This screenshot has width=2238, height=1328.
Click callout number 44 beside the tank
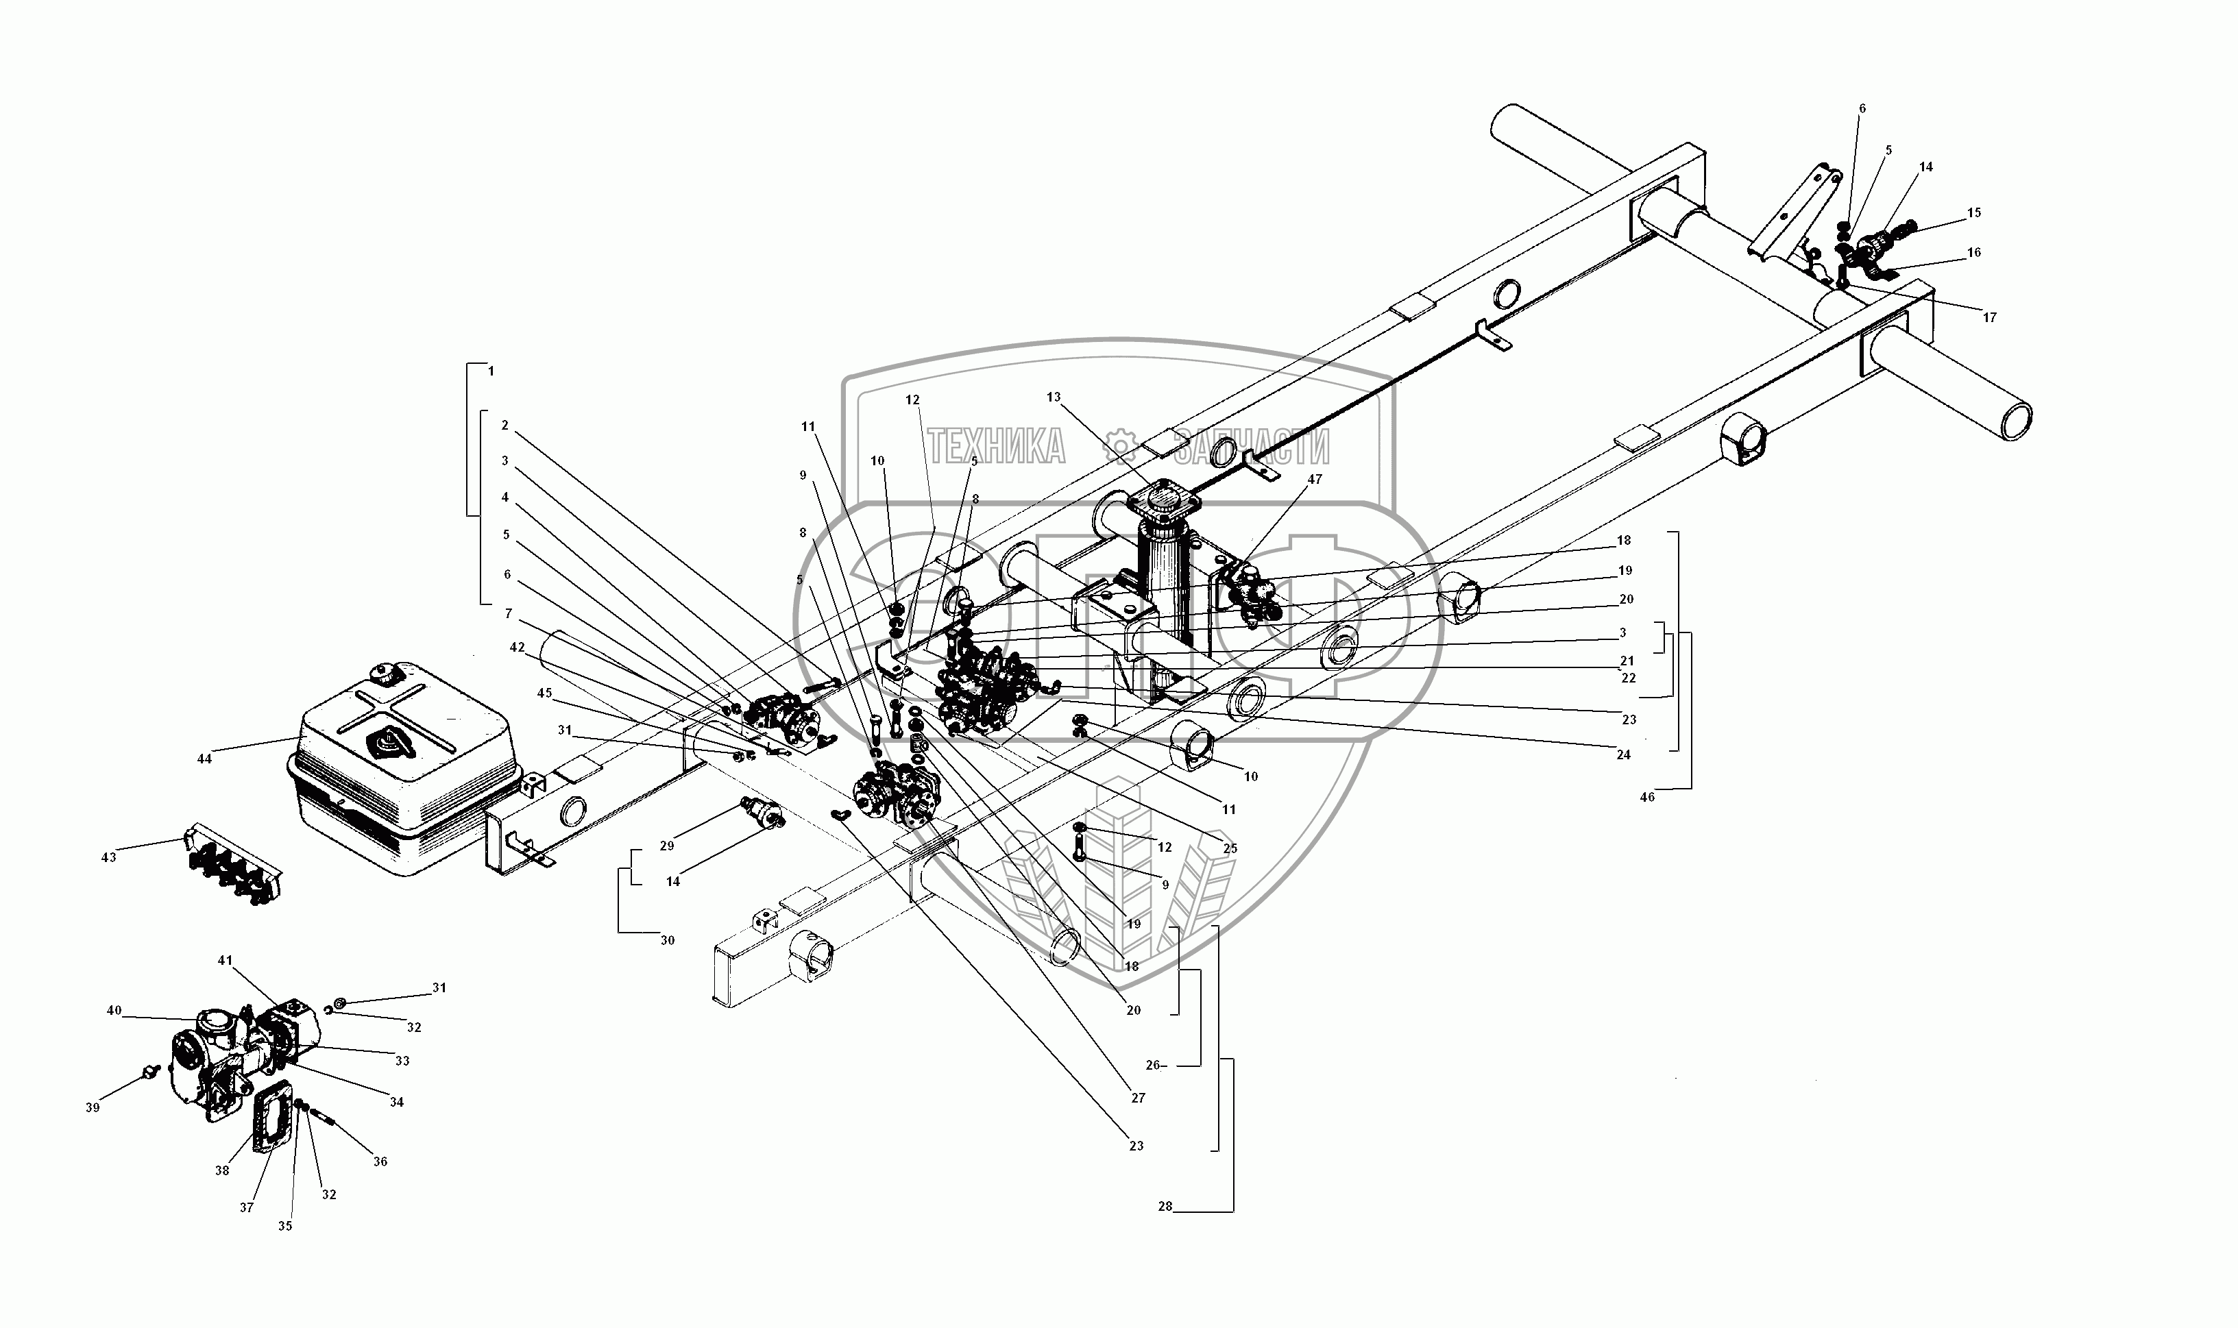[x=204, y=759]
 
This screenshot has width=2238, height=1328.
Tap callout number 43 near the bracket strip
[x=108, y=857]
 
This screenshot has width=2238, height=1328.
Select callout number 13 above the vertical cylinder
[x=1053, y=397]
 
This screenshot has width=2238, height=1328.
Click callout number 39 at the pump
[x=93, y=1108]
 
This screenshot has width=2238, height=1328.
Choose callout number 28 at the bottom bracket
[x=1165, y=1206]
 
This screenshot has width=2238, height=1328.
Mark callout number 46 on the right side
[x=1647, y=796]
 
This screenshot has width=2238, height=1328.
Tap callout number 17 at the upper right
[x=1989, y=318]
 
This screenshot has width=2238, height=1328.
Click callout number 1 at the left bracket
[x=491, y=371]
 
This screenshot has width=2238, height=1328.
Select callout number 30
[x=668, y=941]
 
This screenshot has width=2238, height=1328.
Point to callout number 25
[x=1230, y=848]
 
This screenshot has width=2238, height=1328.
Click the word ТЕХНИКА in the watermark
[x=995, y=445]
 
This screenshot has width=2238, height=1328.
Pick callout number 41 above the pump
[x=225, y=960]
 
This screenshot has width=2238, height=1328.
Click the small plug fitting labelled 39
[x=150, y=1070]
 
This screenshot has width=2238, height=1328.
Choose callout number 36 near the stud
[x=380, y=1161]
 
